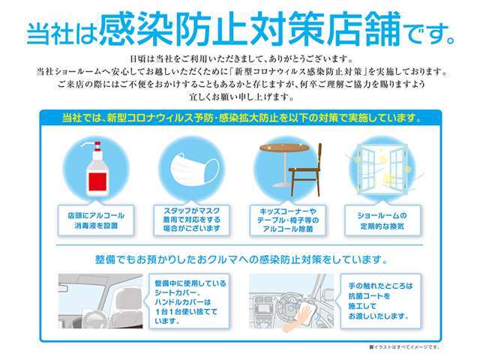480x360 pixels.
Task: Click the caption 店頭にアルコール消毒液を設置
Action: coord(95,219)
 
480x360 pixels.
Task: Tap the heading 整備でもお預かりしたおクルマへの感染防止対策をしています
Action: coord(241,259)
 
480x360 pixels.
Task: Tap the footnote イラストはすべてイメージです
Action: coord(405,346)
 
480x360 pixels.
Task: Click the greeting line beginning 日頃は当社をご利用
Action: coord(240,58)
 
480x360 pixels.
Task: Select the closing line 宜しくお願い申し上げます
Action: coord(240,97)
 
